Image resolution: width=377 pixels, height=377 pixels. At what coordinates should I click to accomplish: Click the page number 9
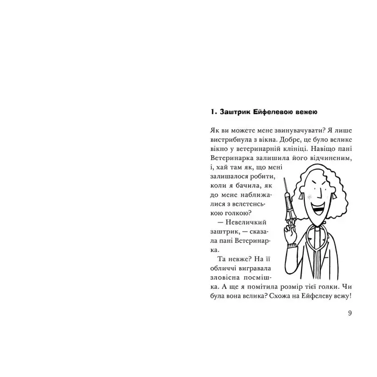[x=350, y=313]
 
